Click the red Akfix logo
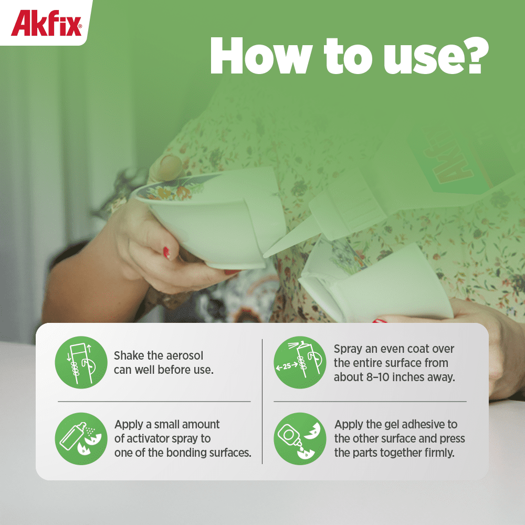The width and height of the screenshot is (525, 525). [46, 23]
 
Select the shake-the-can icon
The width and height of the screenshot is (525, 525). [81, 362]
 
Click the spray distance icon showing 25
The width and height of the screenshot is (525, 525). [300, 362]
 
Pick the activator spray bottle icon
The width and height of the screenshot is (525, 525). [81, 438]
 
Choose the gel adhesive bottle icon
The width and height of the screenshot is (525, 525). [300, 438]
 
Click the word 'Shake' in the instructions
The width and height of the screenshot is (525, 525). [129, 355]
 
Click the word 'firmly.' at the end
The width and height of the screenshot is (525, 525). [439, 453]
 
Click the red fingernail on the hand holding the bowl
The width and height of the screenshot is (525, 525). [166, 253]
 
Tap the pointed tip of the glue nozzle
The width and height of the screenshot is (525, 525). [265, 256]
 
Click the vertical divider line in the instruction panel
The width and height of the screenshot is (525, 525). [262, 401]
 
